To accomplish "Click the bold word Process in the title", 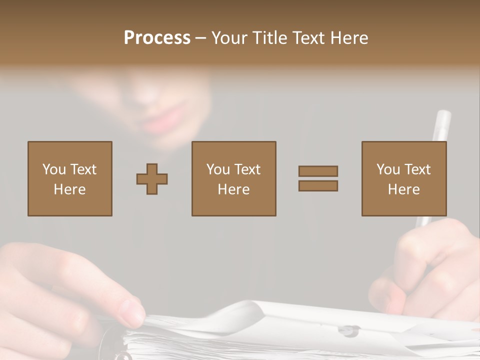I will [x=157, y=38].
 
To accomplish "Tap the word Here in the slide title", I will [x=349, y=38].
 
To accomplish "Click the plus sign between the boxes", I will [x=152, y=179].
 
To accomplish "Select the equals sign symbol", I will [x=318, y=178].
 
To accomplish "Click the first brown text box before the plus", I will [x=70, y=179].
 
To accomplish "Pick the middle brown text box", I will [x=233, y=179].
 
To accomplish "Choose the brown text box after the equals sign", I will [x=404, y=179].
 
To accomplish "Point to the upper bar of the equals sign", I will [x=318, y=171].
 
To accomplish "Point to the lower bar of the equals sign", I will [x=318, y=185].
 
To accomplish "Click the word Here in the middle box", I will [x=233, y=189].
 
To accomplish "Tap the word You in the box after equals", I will [x=388, y=169].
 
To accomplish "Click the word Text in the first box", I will [x=83, y=169].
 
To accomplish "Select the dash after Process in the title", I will [x=200, y=38].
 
